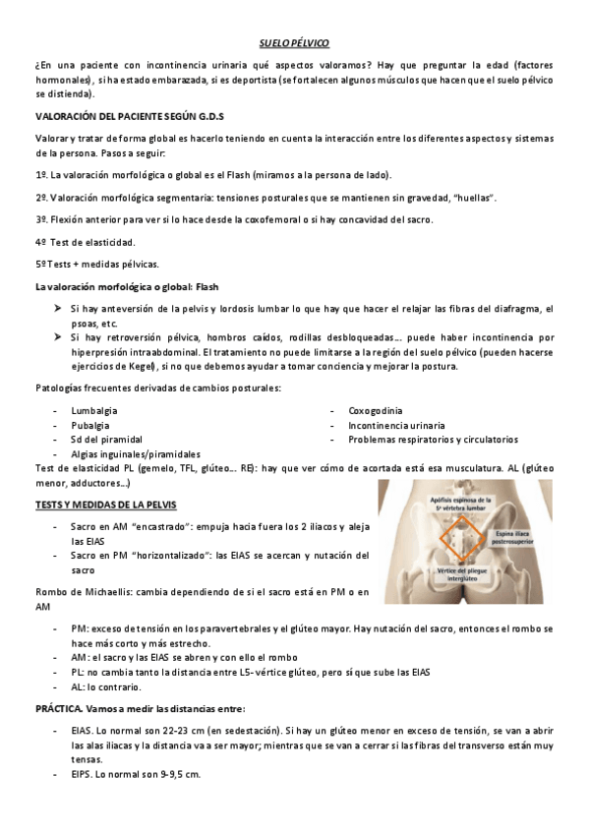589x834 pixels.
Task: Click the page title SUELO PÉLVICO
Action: (x=294, y=44)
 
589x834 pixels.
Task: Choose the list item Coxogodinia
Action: (x=375, y=410)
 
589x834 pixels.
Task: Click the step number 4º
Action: (x=41, y=242)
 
